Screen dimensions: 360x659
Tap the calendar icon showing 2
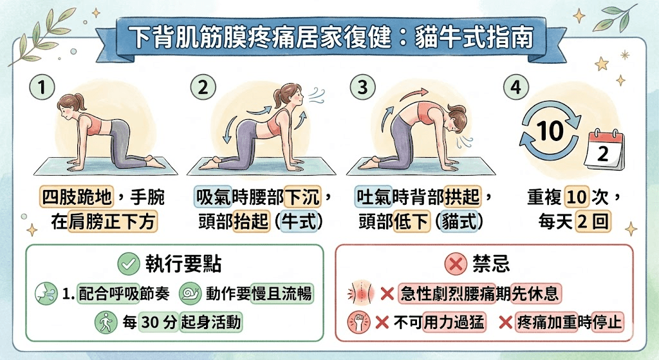pyautogui.click(x=604, y=152)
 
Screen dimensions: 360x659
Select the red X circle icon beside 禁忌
pyautogui.click(x=455, y=263)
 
